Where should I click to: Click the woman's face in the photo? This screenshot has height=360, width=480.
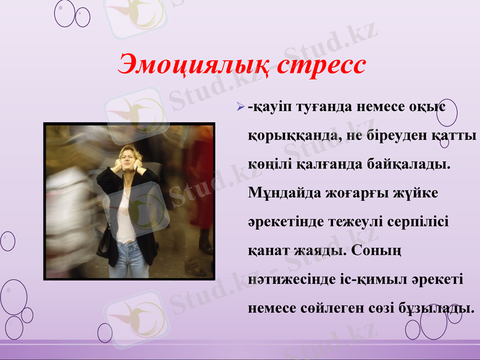click(128, 159)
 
